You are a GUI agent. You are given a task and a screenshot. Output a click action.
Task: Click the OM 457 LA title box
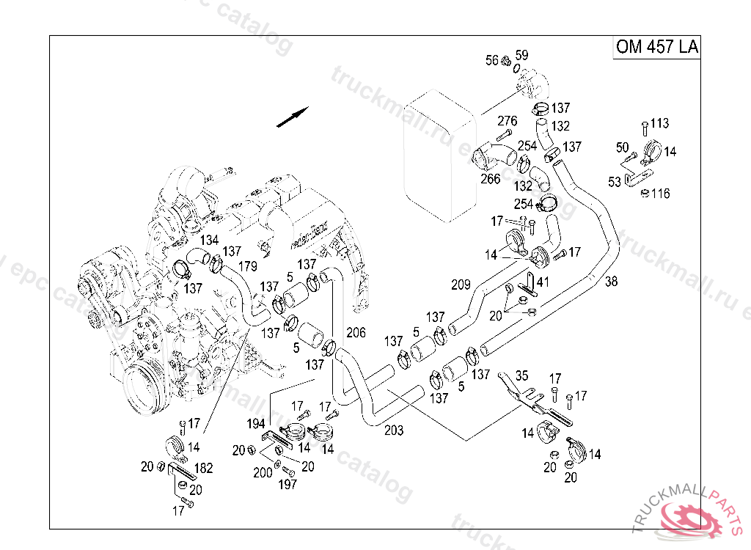[x=656, y=47]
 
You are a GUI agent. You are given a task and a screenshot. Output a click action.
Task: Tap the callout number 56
[x=491, y=60]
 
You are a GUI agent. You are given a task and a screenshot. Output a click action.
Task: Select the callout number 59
[x=521, y=55]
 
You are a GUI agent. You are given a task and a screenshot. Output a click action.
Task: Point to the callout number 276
[x=508, y=121]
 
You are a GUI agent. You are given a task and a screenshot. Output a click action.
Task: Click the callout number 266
[x=490, y=179]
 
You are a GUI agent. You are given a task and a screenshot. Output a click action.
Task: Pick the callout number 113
[x=660, y=123]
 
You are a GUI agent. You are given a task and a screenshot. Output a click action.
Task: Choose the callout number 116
[x=660, y=194]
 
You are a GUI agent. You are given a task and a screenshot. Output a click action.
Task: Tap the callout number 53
[x=615, y=180]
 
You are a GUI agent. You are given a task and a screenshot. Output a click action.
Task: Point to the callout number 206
[x=356, y=332]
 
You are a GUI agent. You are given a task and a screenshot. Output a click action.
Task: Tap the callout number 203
[x=394, y=430]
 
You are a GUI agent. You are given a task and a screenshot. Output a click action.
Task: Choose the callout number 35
[x=521, y=375]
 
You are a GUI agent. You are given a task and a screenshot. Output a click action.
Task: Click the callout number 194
[x=256, y=423]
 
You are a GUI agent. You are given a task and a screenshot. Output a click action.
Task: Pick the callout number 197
[x=288, y=484]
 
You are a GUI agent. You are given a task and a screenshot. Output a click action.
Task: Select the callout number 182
[x=203, y=468]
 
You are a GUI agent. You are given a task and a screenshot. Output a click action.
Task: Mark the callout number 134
[x=210, y=240]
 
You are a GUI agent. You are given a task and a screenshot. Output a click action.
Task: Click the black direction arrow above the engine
[x=293, y=116]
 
